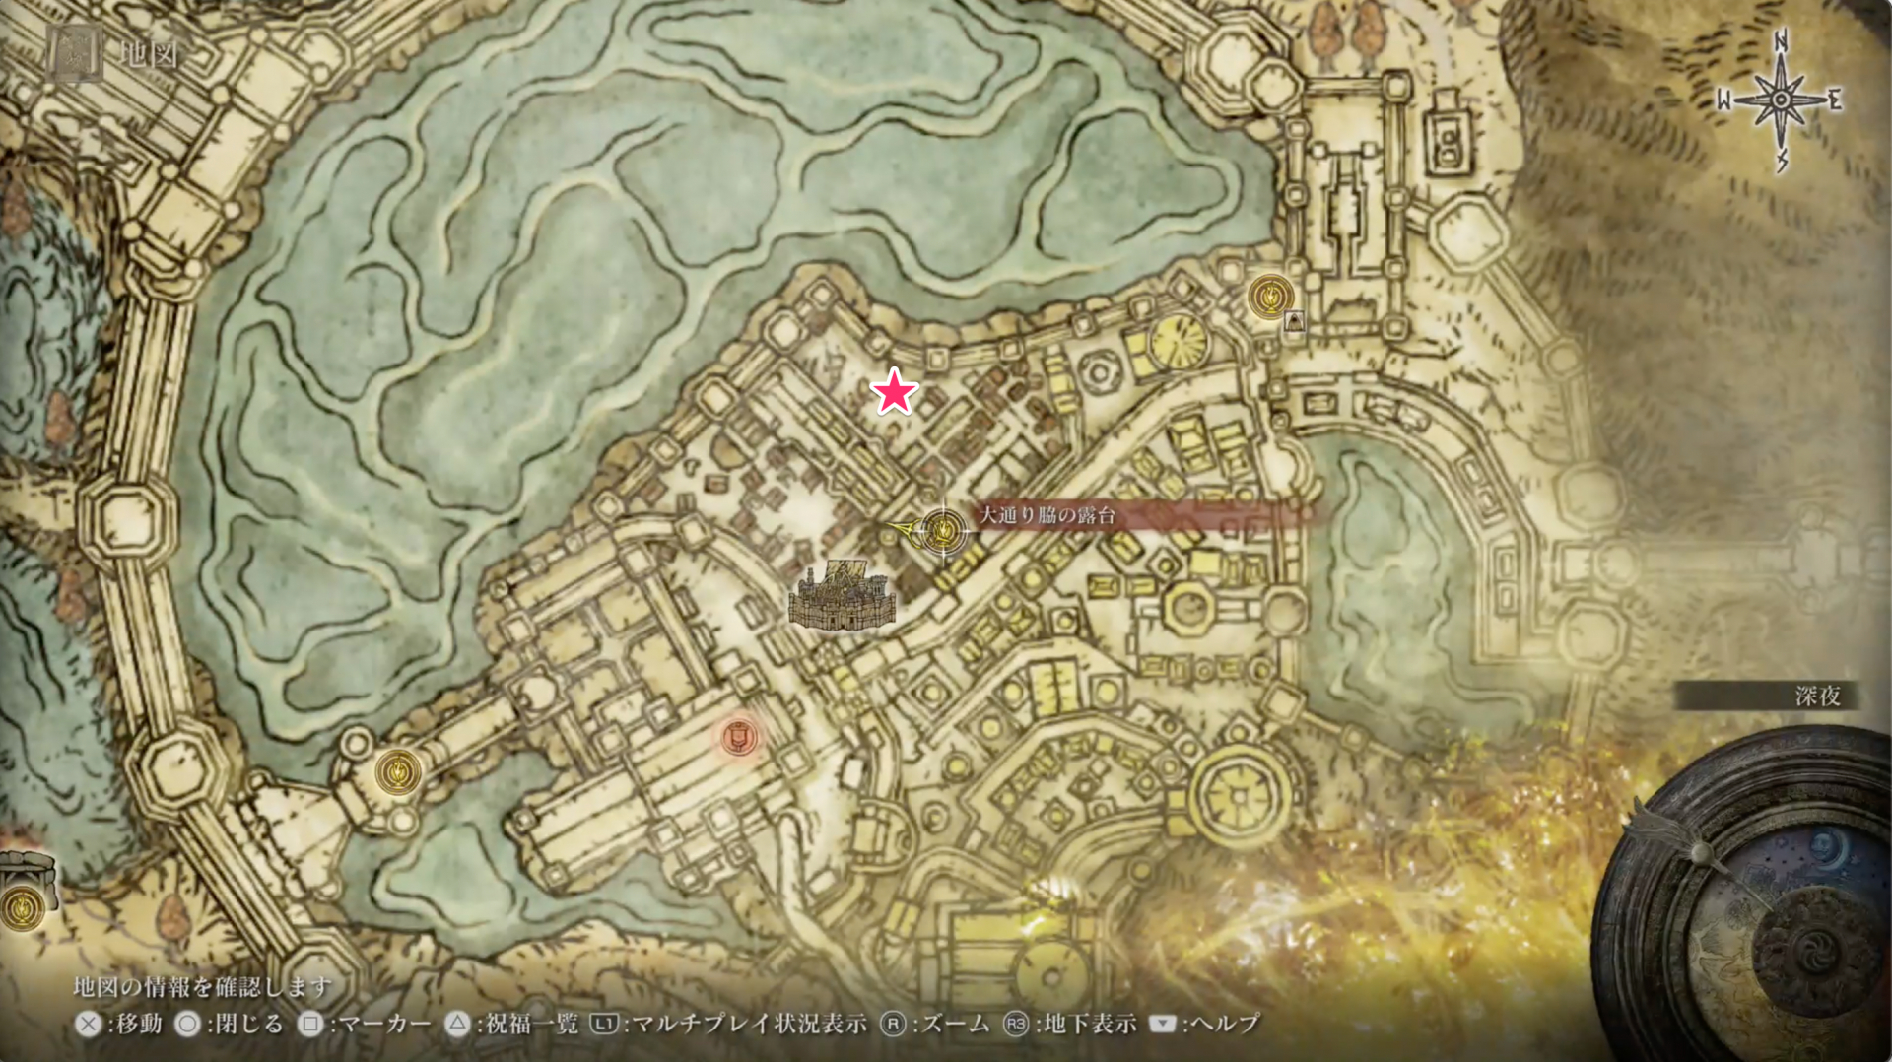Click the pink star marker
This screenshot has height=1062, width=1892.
(x=895, y=392)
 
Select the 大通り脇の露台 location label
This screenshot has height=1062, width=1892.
(x=1047, y=515)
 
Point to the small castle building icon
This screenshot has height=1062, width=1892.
(x=843, y=596)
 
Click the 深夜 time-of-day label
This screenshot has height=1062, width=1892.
(x=1817, y=697)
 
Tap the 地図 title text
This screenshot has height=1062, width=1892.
(x=149, y=53)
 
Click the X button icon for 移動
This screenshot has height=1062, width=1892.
(x=89, y=1025)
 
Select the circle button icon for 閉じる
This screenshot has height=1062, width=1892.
(x=187, y=1025)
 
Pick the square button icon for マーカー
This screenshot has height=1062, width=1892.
(x=310, y=1025)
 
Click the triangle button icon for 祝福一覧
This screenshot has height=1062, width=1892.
(x=456, y=1025)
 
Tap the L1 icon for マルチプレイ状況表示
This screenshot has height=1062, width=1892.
(x=603, y=1025)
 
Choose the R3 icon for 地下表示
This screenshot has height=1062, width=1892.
(x=1015, y=1025)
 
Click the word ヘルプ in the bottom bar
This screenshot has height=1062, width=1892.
(x=1225, y=1025)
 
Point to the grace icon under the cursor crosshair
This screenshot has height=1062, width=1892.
(x=944, y=532)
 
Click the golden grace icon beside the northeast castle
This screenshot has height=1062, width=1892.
(x=1270, y=296)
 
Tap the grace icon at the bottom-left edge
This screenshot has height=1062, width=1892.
(x=22, y=906)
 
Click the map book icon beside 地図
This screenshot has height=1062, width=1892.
(x=76, y=53)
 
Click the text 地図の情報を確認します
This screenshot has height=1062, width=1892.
(x=203, y=986)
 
